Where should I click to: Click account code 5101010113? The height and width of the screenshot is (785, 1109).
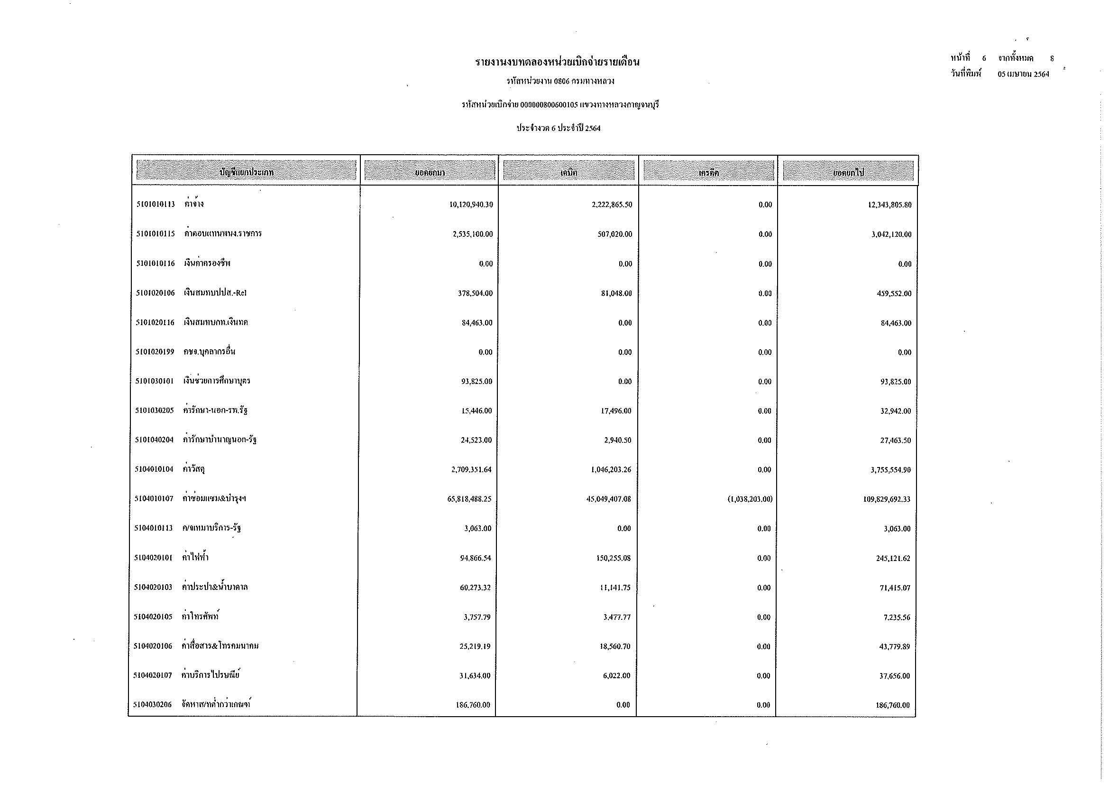pos(156,205)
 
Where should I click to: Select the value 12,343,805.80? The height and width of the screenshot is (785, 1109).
pos(889,205)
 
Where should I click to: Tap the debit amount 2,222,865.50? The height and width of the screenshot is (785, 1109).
pos(612,205)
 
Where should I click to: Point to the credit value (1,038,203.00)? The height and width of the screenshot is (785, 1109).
pos(750,499)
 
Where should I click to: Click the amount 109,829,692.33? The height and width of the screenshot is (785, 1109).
pos(887,499)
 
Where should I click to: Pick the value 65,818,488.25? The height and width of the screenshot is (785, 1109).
pos(469,499)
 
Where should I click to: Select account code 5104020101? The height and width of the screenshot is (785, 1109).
pos(154,558)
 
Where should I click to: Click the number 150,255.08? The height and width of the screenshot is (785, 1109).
pos(614,558)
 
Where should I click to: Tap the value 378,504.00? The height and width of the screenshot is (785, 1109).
pos(475,293)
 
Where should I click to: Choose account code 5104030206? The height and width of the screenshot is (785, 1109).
pos(153,705)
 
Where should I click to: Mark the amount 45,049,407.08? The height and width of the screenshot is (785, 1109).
pos(609,499)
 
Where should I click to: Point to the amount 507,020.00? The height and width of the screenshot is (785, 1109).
pos(614,234)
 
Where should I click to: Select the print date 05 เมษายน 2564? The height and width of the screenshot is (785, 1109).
pos(1024,75)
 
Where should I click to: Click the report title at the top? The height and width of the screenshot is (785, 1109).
pos(558,62)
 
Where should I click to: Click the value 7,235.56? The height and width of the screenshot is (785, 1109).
pos(897,618)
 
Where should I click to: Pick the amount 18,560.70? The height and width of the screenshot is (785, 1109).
pos(615,647)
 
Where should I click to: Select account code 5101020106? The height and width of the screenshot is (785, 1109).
pos(155,293)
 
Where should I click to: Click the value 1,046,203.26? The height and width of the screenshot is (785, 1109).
pos(611,470)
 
